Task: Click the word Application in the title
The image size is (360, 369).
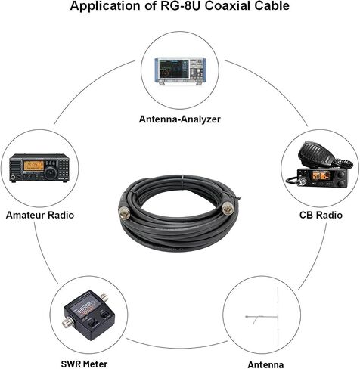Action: pos(106,6)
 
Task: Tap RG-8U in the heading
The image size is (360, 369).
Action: pos(181,5)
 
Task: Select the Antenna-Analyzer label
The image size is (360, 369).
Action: pos(180,119)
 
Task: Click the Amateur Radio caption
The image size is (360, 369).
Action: pos(40,215)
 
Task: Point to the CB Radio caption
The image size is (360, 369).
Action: pos(321,215)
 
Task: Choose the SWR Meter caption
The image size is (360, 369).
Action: pos(84,364)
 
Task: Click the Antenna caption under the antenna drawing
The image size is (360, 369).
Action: pos(265,364)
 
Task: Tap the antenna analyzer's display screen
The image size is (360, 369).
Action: pos(173,69)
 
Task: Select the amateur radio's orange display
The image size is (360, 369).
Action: pos(34,166)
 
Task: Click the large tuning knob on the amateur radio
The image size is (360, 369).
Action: pos(51,172)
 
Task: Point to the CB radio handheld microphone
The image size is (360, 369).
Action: pos(316,153)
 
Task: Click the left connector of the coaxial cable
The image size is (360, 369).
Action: pos(124,209)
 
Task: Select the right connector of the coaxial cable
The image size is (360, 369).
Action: pos(228,208)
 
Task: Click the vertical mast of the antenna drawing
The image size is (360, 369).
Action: pos(278,316)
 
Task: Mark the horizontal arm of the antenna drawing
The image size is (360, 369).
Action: pos(262,317)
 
